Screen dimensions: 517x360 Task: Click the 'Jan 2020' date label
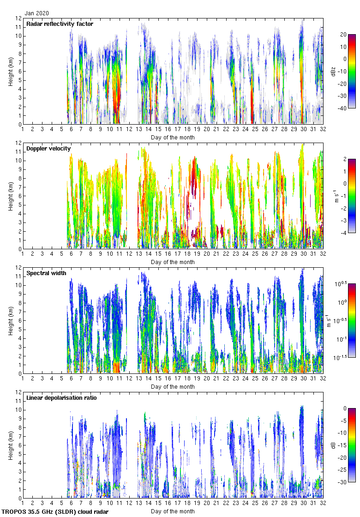[x=36, y=13]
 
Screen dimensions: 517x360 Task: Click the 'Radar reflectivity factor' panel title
[x=60, y=24]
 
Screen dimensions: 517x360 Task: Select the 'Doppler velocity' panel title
[x=48, y=148]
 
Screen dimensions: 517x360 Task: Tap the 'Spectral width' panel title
[x=46, y=273]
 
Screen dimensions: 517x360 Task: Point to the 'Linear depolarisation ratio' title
[x=61, y=397]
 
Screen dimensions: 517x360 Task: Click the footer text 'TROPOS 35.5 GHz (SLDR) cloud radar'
[x=55, y=512]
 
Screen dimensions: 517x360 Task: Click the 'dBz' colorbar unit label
[x=333, y=71]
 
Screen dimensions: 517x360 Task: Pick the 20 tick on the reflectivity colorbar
[x=343, y=35]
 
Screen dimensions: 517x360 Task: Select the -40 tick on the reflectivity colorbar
[x=344, y=108]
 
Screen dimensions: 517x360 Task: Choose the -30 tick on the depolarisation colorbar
[x=344, y=482]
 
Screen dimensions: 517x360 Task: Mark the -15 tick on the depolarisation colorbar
[x=344, y=445]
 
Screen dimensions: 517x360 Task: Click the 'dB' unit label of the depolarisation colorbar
[x=333, y=445]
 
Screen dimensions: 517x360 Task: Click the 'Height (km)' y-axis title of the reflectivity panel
[x=10, y=72]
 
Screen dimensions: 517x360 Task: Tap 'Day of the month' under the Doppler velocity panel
[x=173, y=262]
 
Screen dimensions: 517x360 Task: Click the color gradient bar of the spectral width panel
[x=352, y=320]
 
